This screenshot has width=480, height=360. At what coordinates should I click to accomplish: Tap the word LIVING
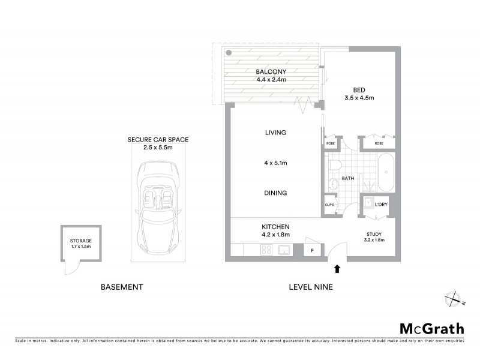click(275, 133)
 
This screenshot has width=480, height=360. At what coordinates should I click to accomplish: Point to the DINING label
click(275, 193)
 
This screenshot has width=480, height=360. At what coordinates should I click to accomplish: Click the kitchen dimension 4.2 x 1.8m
click(275, 235)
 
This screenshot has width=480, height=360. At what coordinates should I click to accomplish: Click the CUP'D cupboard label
click(330, 205)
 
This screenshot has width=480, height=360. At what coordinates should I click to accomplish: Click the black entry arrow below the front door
click(337, 269)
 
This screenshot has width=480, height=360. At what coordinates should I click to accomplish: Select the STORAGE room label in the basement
click(80, 241)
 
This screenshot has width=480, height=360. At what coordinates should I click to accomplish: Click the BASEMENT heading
click(122, 287)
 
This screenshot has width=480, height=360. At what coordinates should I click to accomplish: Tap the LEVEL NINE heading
click(311, 287)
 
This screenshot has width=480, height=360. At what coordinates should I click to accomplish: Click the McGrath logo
click(431, 328)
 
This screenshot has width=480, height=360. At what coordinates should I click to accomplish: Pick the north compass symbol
click(452, 298)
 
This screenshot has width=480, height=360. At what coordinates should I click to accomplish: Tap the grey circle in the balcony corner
click(229, 53)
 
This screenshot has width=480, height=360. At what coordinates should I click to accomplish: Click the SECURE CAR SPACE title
click(158, 140)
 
